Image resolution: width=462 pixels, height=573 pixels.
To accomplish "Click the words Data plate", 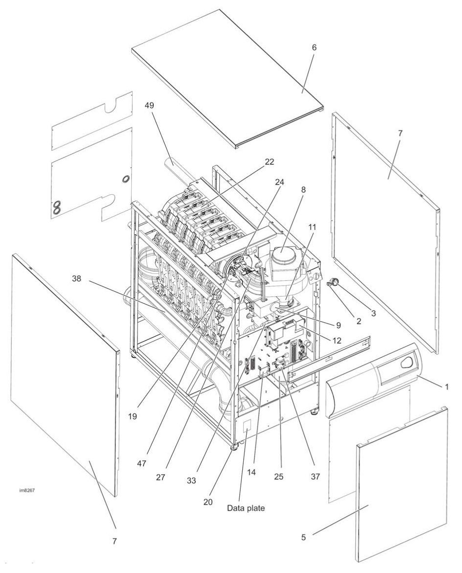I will (x=246, y=508).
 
